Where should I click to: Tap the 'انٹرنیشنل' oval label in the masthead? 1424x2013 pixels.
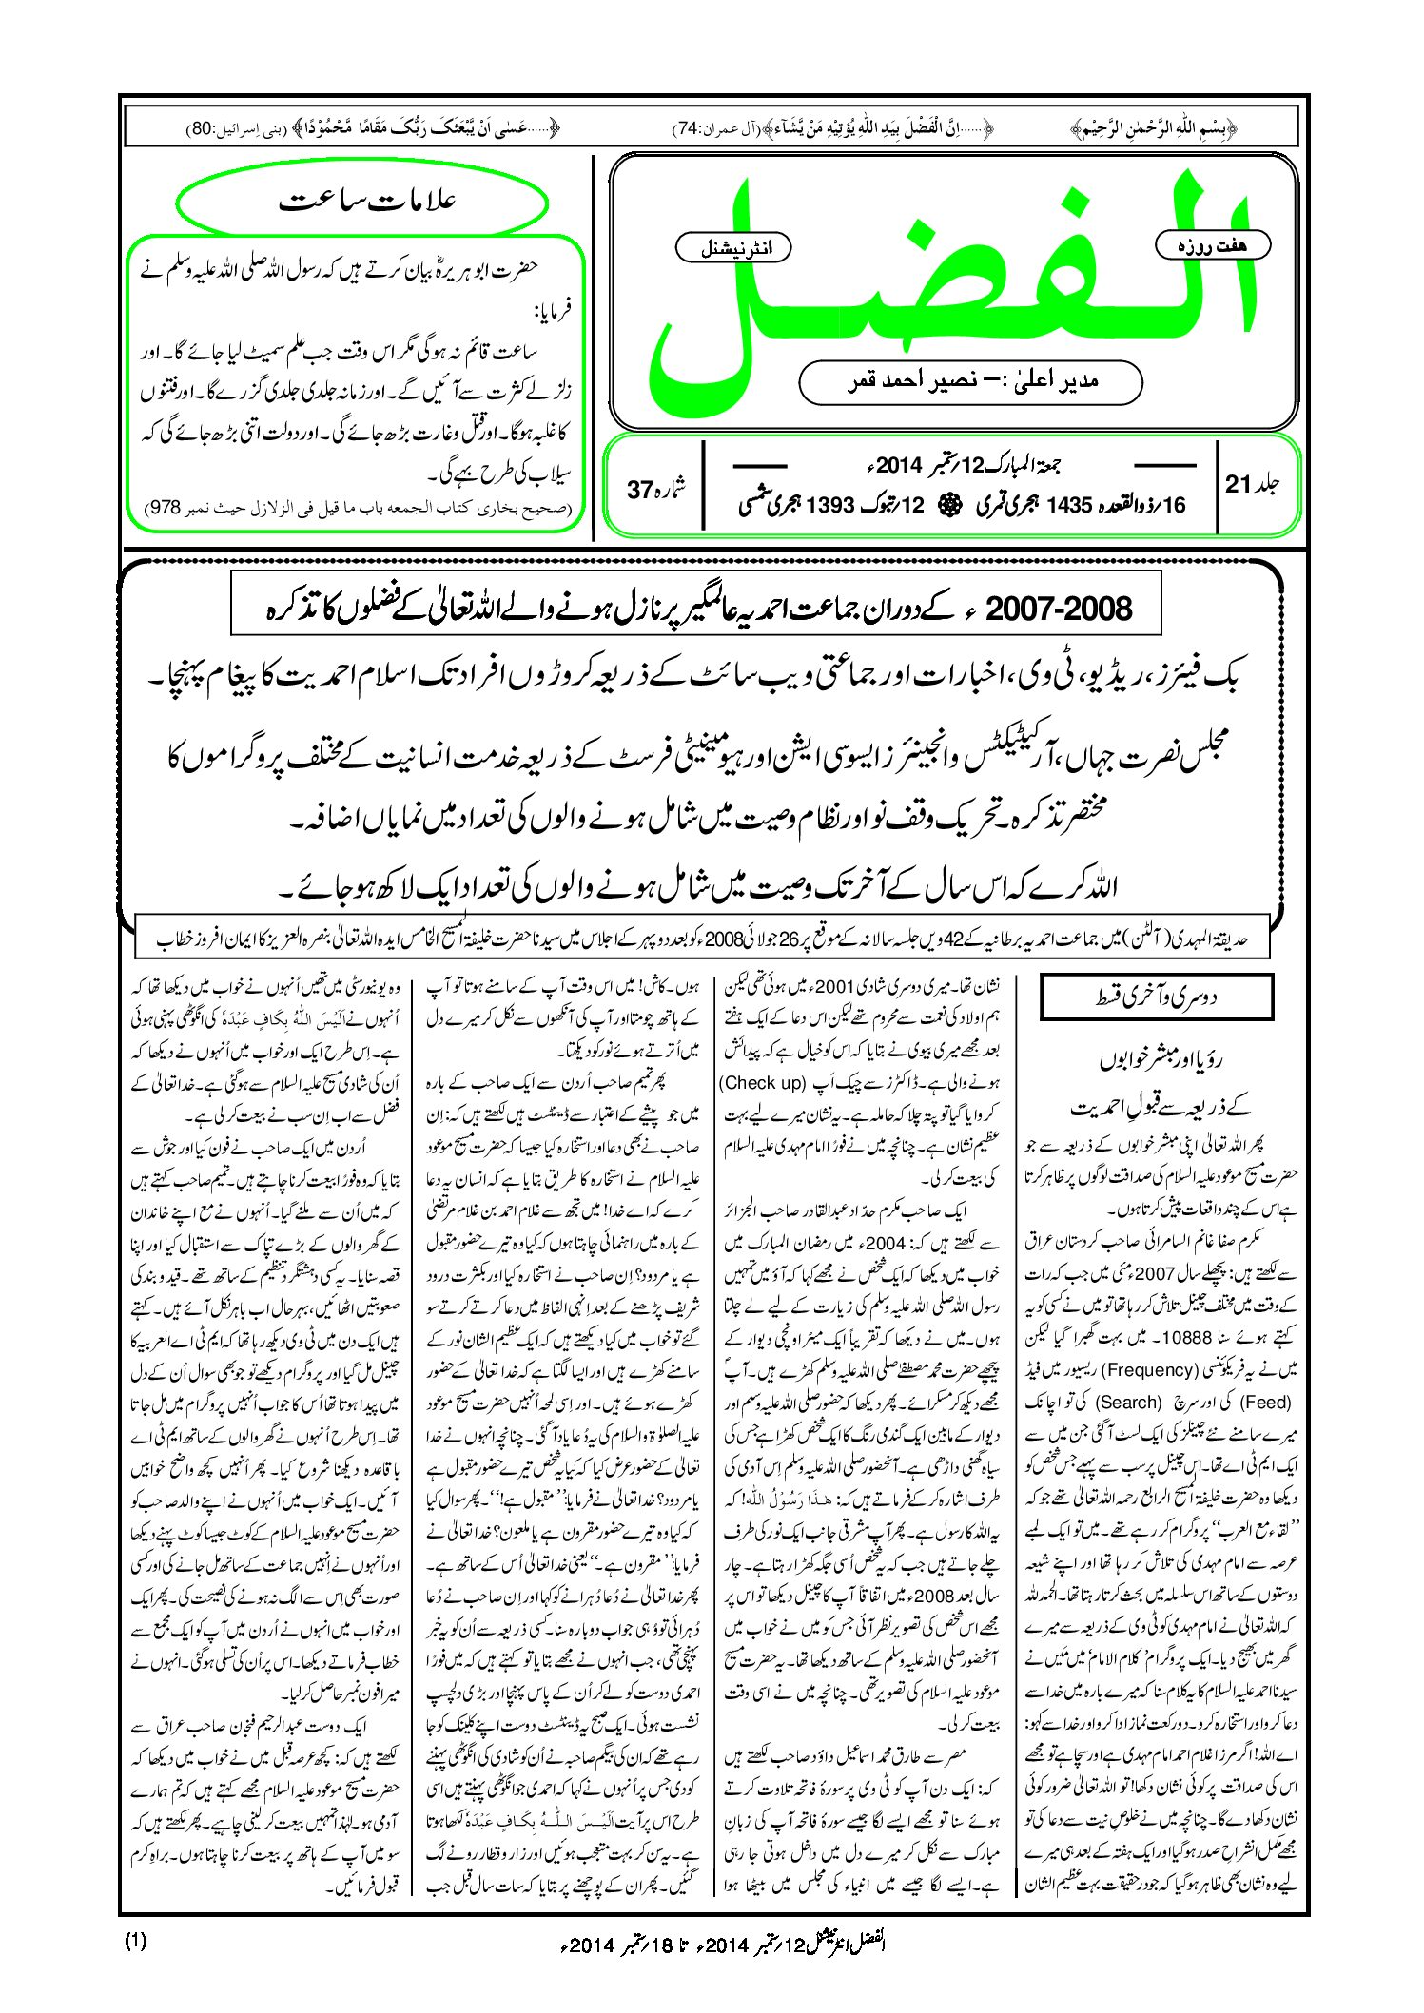732,248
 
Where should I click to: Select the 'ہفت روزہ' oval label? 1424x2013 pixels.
1212,245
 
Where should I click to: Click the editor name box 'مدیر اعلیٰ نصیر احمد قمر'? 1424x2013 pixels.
970,381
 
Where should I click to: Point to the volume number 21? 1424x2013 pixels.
1238,484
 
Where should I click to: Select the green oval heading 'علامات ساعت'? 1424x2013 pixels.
363,203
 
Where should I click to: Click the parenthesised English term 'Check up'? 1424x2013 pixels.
762,1082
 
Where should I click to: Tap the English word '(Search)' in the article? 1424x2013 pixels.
1128,1402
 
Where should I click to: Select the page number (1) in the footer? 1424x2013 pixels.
136,1941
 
